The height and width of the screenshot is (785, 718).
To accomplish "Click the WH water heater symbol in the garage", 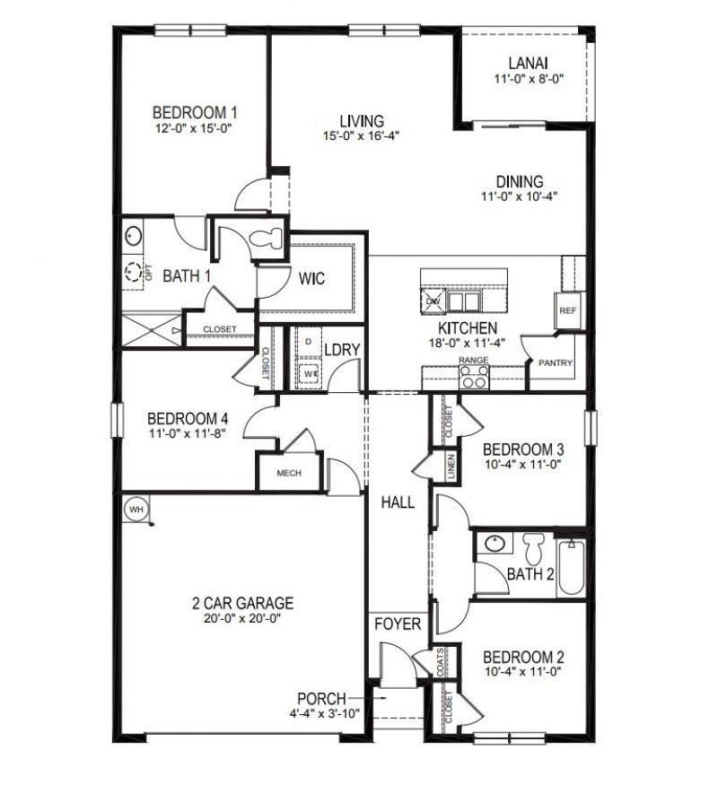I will click(136, 509).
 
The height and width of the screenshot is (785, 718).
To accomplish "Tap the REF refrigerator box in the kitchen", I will click(566, 310).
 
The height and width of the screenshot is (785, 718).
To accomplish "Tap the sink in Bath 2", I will click(493, 544).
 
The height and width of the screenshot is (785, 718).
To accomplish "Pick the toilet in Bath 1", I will click(267, 239).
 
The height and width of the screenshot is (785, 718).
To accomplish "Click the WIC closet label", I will click(311, 278).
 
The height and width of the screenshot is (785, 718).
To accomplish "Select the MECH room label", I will click(289, 474).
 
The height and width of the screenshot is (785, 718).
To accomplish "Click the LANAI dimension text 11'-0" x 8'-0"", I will click(528, 81).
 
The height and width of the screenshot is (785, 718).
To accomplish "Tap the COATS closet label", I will click(441, 664).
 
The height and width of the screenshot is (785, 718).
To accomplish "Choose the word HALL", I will click(398, 502).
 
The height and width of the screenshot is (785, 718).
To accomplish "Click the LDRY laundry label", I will click(342, 350).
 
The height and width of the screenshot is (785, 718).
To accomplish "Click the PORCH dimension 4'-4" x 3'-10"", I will click(326, 714).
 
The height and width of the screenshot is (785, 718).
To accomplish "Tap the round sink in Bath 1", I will click(134, 236).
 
